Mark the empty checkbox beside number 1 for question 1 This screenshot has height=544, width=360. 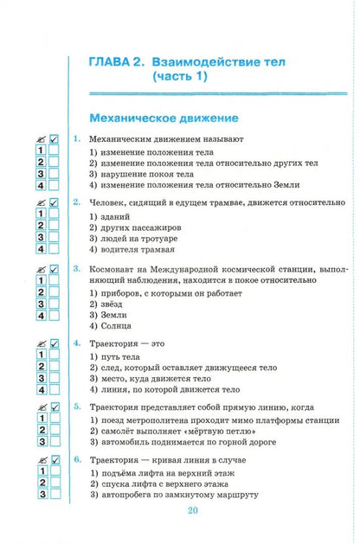pyautogui.click(x=53, y=150)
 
